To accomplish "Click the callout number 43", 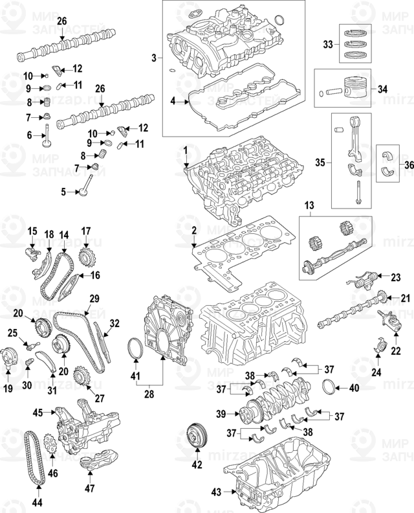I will coord(216,492).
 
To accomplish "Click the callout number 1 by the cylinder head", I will coord(185,151).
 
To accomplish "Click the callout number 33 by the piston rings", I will coord(327,45).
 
